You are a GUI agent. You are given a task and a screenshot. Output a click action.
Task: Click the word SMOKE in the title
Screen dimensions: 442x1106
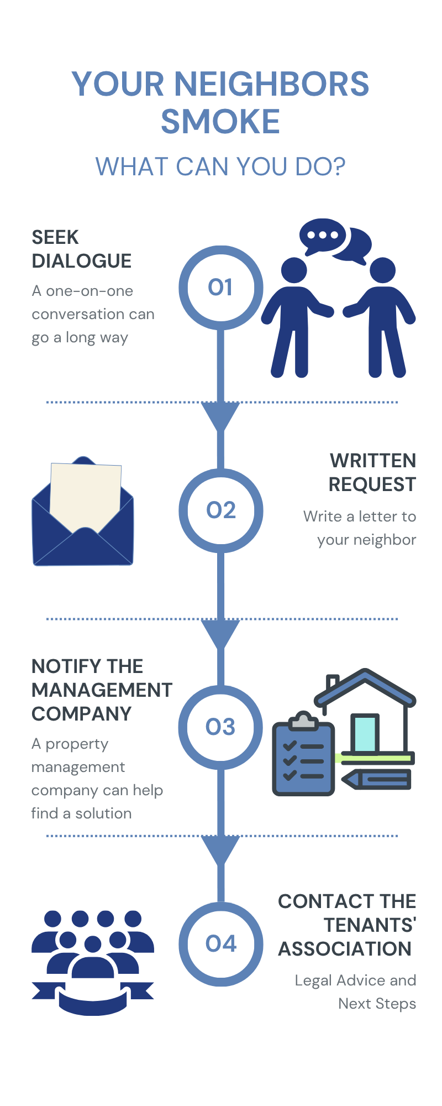(220, 122)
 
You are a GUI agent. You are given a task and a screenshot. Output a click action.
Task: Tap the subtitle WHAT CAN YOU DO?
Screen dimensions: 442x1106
(220, 166)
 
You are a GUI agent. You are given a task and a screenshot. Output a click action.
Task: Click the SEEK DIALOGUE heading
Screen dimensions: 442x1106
(82, 249)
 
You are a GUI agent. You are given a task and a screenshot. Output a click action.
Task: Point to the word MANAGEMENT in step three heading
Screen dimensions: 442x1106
(102, 690)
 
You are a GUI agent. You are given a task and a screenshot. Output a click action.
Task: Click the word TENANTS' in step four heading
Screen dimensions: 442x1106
(370, 925)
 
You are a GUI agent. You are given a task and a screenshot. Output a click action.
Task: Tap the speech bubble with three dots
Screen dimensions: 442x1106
(322, 236)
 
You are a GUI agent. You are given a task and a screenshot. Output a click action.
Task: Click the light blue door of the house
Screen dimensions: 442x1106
(365, 733)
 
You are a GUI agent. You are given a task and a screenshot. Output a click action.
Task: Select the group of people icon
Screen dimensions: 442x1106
(93, 963)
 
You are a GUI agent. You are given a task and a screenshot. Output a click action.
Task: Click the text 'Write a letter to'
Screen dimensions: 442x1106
(360, 517)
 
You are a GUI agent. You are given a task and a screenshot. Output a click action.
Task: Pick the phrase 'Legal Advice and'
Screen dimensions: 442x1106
(355, 980)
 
